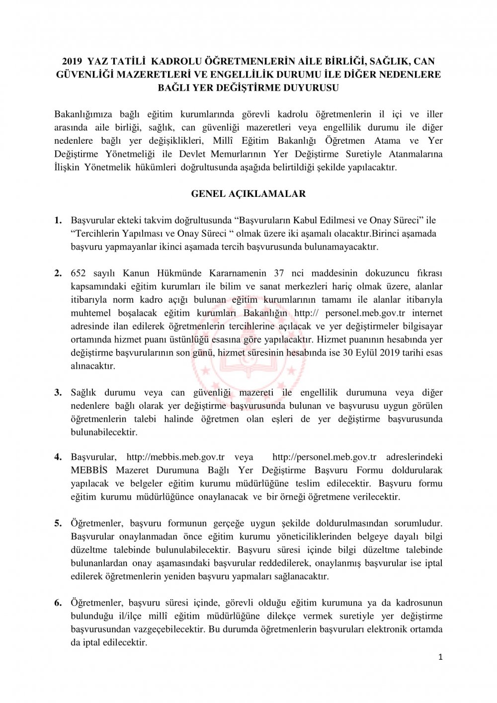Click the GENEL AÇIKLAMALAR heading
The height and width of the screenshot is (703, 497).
[x=248, y=194]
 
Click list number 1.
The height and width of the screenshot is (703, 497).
[x=58, y=220]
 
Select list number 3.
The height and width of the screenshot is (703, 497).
[x=58, y=393]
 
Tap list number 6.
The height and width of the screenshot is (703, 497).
[x=58, y=603]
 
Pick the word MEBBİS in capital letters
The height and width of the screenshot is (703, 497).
[x=88, y=470]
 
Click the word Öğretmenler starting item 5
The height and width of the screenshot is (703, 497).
[x=97, y=524]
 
